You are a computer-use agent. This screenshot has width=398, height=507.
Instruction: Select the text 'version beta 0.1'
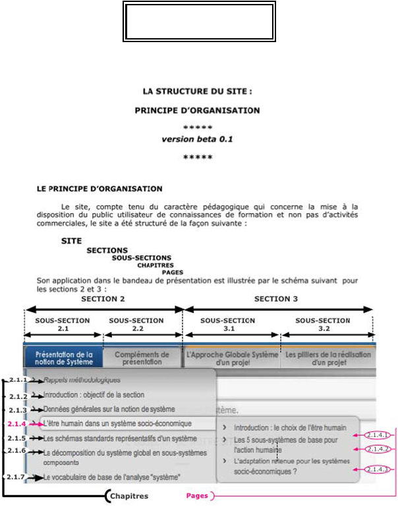[x=198, y=140]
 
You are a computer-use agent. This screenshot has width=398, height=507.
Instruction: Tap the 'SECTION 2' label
[x=103, y=298]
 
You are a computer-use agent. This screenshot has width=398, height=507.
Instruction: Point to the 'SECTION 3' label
[x=276, y=298]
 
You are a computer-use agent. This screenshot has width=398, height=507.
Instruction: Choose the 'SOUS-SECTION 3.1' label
[x=227, y=325]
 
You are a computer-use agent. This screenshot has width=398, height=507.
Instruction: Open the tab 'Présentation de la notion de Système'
[x=64, y=358]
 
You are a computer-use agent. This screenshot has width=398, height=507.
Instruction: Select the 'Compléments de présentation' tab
[x=142, y=358]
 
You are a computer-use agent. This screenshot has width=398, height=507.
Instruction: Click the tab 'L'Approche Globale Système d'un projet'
[x=232, y=358]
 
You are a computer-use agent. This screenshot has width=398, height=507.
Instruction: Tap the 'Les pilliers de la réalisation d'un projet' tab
[x=327, y=358]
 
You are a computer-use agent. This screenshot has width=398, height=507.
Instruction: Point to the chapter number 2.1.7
[x=18, y=476]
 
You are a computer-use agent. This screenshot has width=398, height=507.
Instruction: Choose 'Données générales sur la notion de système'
[x=109, y=409]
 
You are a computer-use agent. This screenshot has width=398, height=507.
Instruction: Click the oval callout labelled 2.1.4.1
[x=376, y=435]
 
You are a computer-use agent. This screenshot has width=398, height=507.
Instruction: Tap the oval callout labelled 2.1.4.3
[x=376, y=469]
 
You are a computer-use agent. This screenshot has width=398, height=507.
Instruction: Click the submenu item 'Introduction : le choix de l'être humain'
[x=290, y=427]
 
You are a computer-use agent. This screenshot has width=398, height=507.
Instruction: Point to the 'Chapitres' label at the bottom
[x=128, y=496]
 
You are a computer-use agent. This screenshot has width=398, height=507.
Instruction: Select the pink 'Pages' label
[x=196, y=496]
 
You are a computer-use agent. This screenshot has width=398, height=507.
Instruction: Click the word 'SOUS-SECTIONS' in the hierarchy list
[x=141, y=257]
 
